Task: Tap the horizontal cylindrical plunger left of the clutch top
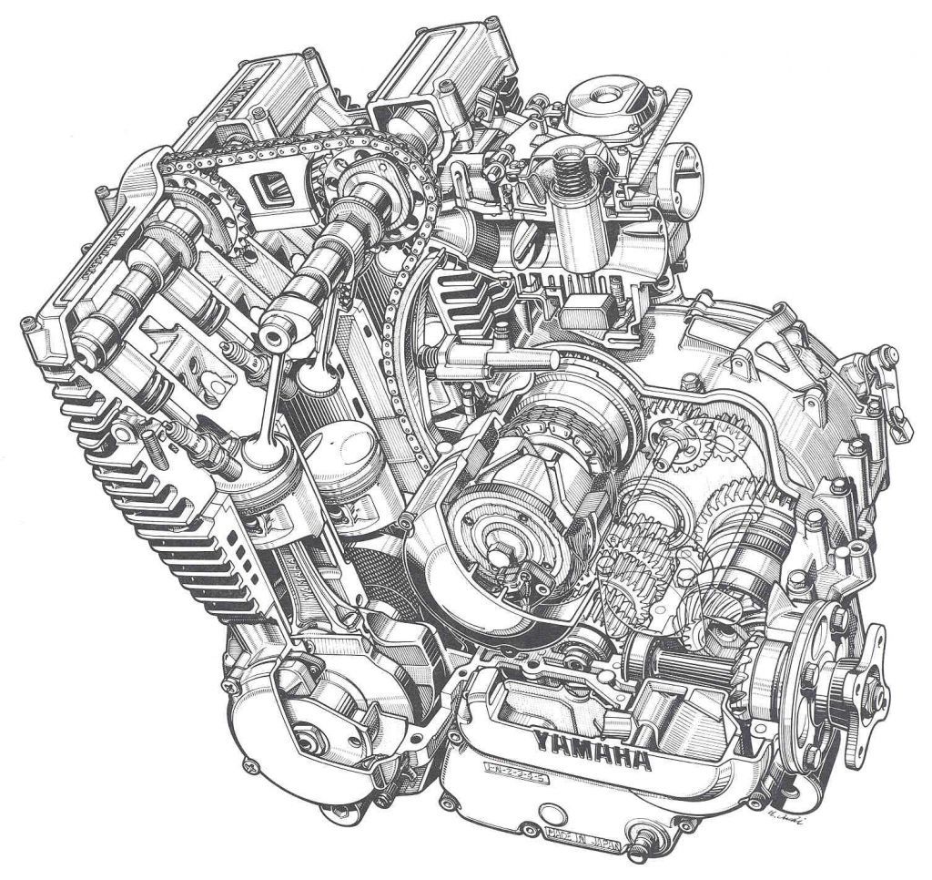[477, 359]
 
